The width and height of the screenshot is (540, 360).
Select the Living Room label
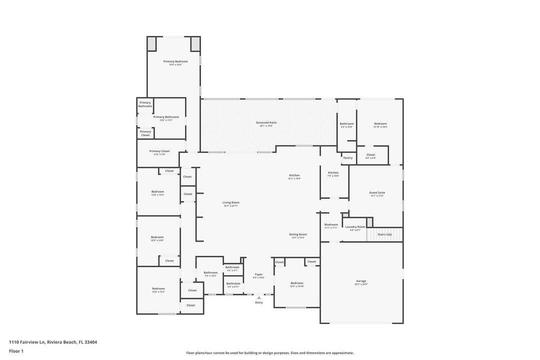(x=231, y=203)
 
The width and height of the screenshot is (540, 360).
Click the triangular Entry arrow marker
(x=259, y=298)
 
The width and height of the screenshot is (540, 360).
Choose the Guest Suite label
(x=377, y=193)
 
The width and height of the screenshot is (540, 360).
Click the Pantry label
(x=348, y=158)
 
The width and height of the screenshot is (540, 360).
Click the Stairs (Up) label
(x=384, y=234)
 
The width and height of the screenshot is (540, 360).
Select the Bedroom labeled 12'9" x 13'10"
(x=297, y=284)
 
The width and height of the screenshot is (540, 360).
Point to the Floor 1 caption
(x=16, y=351)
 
